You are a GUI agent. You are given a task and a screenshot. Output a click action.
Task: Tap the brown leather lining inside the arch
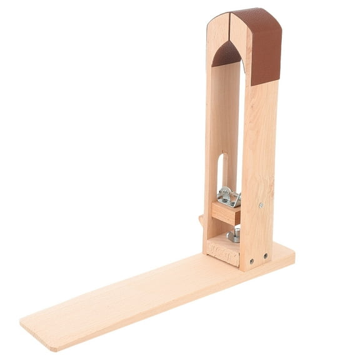tap(225, 54)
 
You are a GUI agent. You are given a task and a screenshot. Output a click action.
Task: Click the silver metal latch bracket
tap(228, 197)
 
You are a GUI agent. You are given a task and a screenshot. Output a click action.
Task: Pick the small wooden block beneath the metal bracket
tap(225, 212)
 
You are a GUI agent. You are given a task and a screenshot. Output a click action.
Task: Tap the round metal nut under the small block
tap(233, 235)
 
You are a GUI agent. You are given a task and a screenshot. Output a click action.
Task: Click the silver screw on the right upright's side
tap(261, 204)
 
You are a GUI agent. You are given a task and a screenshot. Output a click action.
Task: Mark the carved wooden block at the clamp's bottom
tap(222, 249)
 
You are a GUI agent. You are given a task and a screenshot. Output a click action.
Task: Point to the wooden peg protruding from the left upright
tap(201, 219)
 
